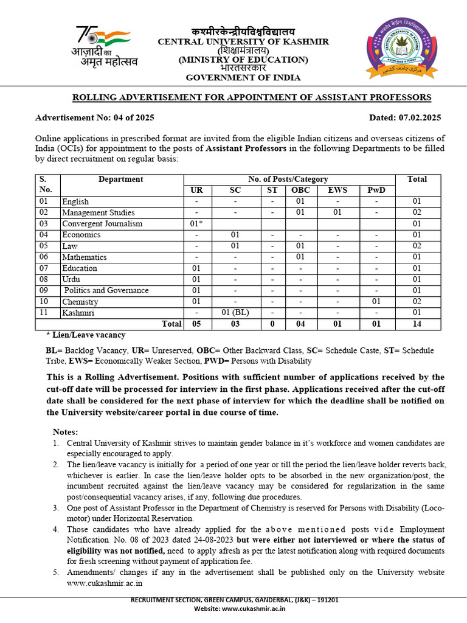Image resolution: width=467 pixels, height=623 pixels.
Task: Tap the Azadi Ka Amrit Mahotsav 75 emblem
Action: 103,47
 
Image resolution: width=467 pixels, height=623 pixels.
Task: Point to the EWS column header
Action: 337,190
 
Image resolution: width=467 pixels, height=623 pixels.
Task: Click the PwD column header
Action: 377,190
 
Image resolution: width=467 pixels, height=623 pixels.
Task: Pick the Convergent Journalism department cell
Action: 102,224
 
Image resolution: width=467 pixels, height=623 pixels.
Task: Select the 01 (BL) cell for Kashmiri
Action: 235,313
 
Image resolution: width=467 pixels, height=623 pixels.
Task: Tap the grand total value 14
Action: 417,324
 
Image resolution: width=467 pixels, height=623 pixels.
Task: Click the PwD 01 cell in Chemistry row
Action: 377,302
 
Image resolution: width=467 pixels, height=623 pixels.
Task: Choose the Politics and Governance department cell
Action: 106,290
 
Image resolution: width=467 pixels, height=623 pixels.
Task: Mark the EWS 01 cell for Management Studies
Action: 337,213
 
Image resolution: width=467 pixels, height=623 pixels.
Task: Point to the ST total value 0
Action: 273,324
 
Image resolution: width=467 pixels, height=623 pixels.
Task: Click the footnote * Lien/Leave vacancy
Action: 86,335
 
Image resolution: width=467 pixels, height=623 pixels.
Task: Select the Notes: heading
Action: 66,431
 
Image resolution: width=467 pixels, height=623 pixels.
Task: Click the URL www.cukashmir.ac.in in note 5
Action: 105,583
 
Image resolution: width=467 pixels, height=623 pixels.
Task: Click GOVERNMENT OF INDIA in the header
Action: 243,78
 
